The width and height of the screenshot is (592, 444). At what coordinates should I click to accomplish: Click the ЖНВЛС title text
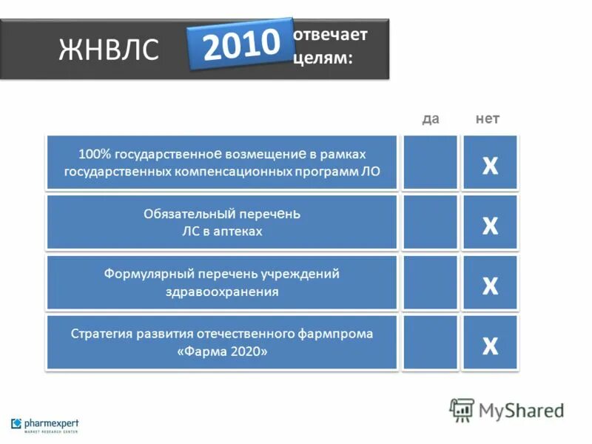[109, 50]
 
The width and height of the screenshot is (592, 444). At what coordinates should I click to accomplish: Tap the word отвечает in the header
[330, 35]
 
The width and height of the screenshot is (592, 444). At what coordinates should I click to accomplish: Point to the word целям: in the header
[323, 58]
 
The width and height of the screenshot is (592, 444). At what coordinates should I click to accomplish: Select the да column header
[430, 119]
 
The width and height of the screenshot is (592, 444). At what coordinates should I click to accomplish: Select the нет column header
[488, 119]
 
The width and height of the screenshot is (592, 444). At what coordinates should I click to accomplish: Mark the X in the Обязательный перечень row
[490, 225]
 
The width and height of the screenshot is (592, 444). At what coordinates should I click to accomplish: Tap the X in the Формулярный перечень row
[490, 285]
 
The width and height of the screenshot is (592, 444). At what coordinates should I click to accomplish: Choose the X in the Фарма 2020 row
[490, 344]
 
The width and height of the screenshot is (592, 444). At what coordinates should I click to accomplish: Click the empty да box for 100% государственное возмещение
[430, 163]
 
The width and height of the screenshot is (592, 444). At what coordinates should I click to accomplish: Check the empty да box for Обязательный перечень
[430, 223]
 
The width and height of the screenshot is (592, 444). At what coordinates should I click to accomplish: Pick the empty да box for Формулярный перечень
[430, 283]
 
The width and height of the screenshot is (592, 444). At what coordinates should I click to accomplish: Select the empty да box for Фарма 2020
[430, 343]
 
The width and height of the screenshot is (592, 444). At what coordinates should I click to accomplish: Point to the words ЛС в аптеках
[222, 232]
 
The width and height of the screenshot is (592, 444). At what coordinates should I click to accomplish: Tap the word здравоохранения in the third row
[222, 292]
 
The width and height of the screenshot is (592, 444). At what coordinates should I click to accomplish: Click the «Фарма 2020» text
[222, 351]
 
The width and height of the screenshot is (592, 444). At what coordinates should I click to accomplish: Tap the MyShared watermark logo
[508, 410]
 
